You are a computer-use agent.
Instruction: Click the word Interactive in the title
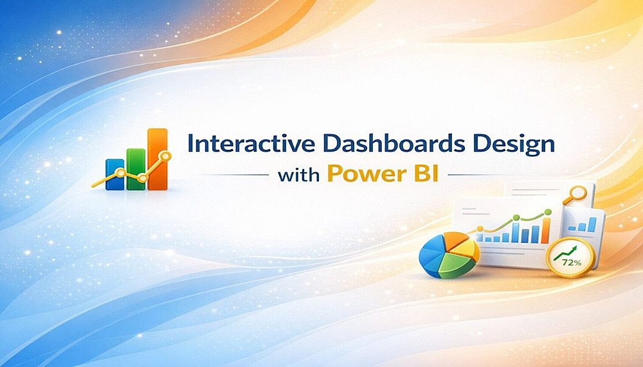point(251,144)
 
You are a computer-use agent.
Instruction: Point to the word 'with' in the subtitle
point(298,175)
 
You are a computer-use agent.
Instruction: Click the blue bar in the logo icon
point(115,174)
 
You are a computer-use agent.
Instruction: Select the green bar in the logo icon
point(136,169)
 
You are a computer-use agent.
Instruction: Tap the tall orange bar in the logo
point(158,159)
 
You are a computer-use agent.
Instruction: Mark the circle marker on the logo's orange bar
point(165,156)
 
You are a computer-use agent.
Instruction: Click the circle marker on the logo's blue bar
point(120,173)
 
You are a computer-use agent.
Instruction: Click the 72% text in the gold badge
point(572,263)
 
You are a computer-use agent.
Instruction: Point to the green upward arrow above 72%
point(565,253)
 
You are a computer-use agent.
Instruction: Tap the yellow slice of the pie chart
point(467,248)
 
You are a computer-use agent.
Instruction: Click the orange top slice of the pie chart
point(455,239)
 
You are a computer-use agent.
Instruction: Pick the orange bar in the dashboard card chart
point(545,231)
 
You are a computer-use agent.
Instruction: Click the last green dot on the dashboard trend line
point(547,212)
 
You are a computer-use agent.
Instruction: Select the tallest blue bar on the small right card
point(592,225)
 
